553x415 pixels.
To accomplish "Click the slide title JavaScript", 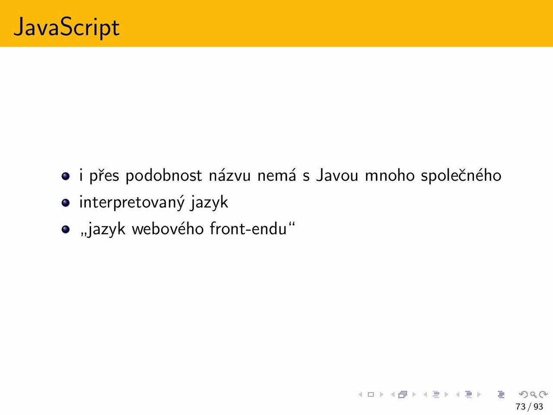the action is [x=67, y=27].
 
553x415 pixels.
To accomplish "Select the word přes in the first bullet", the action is [x=104, y=175].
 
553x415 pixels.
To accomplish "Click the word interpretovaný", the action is [x=132, y=202].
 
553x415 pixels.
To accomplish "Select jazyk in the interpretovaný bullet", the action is [x=210, y=202].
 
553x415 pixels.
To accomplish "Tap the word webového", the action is [x=168, y=229].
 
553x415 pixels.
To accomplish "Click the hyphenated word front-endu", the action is [x=248, y=229].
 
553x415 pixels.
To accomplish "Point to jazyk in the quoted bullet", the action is [x=106, y=229].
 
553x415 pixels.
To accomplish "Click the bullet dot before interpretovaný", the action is [x=66, y=203].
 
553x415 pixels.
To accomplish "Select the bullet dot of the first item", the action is [x=66, y=176].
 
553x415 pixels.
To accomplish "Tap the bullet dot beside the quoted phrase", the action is [x=66, y=229].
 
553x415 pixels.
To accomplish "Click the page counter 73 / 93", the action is [x=529, y=407].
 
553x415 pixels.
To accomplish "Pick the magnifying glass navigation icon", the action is [x=533, y=394].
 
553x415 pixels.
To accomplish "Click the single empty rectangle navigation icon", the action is [x=371, y=394].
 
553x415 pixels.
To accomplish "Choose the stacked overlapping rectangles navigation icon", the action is [x=403, y=394].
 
